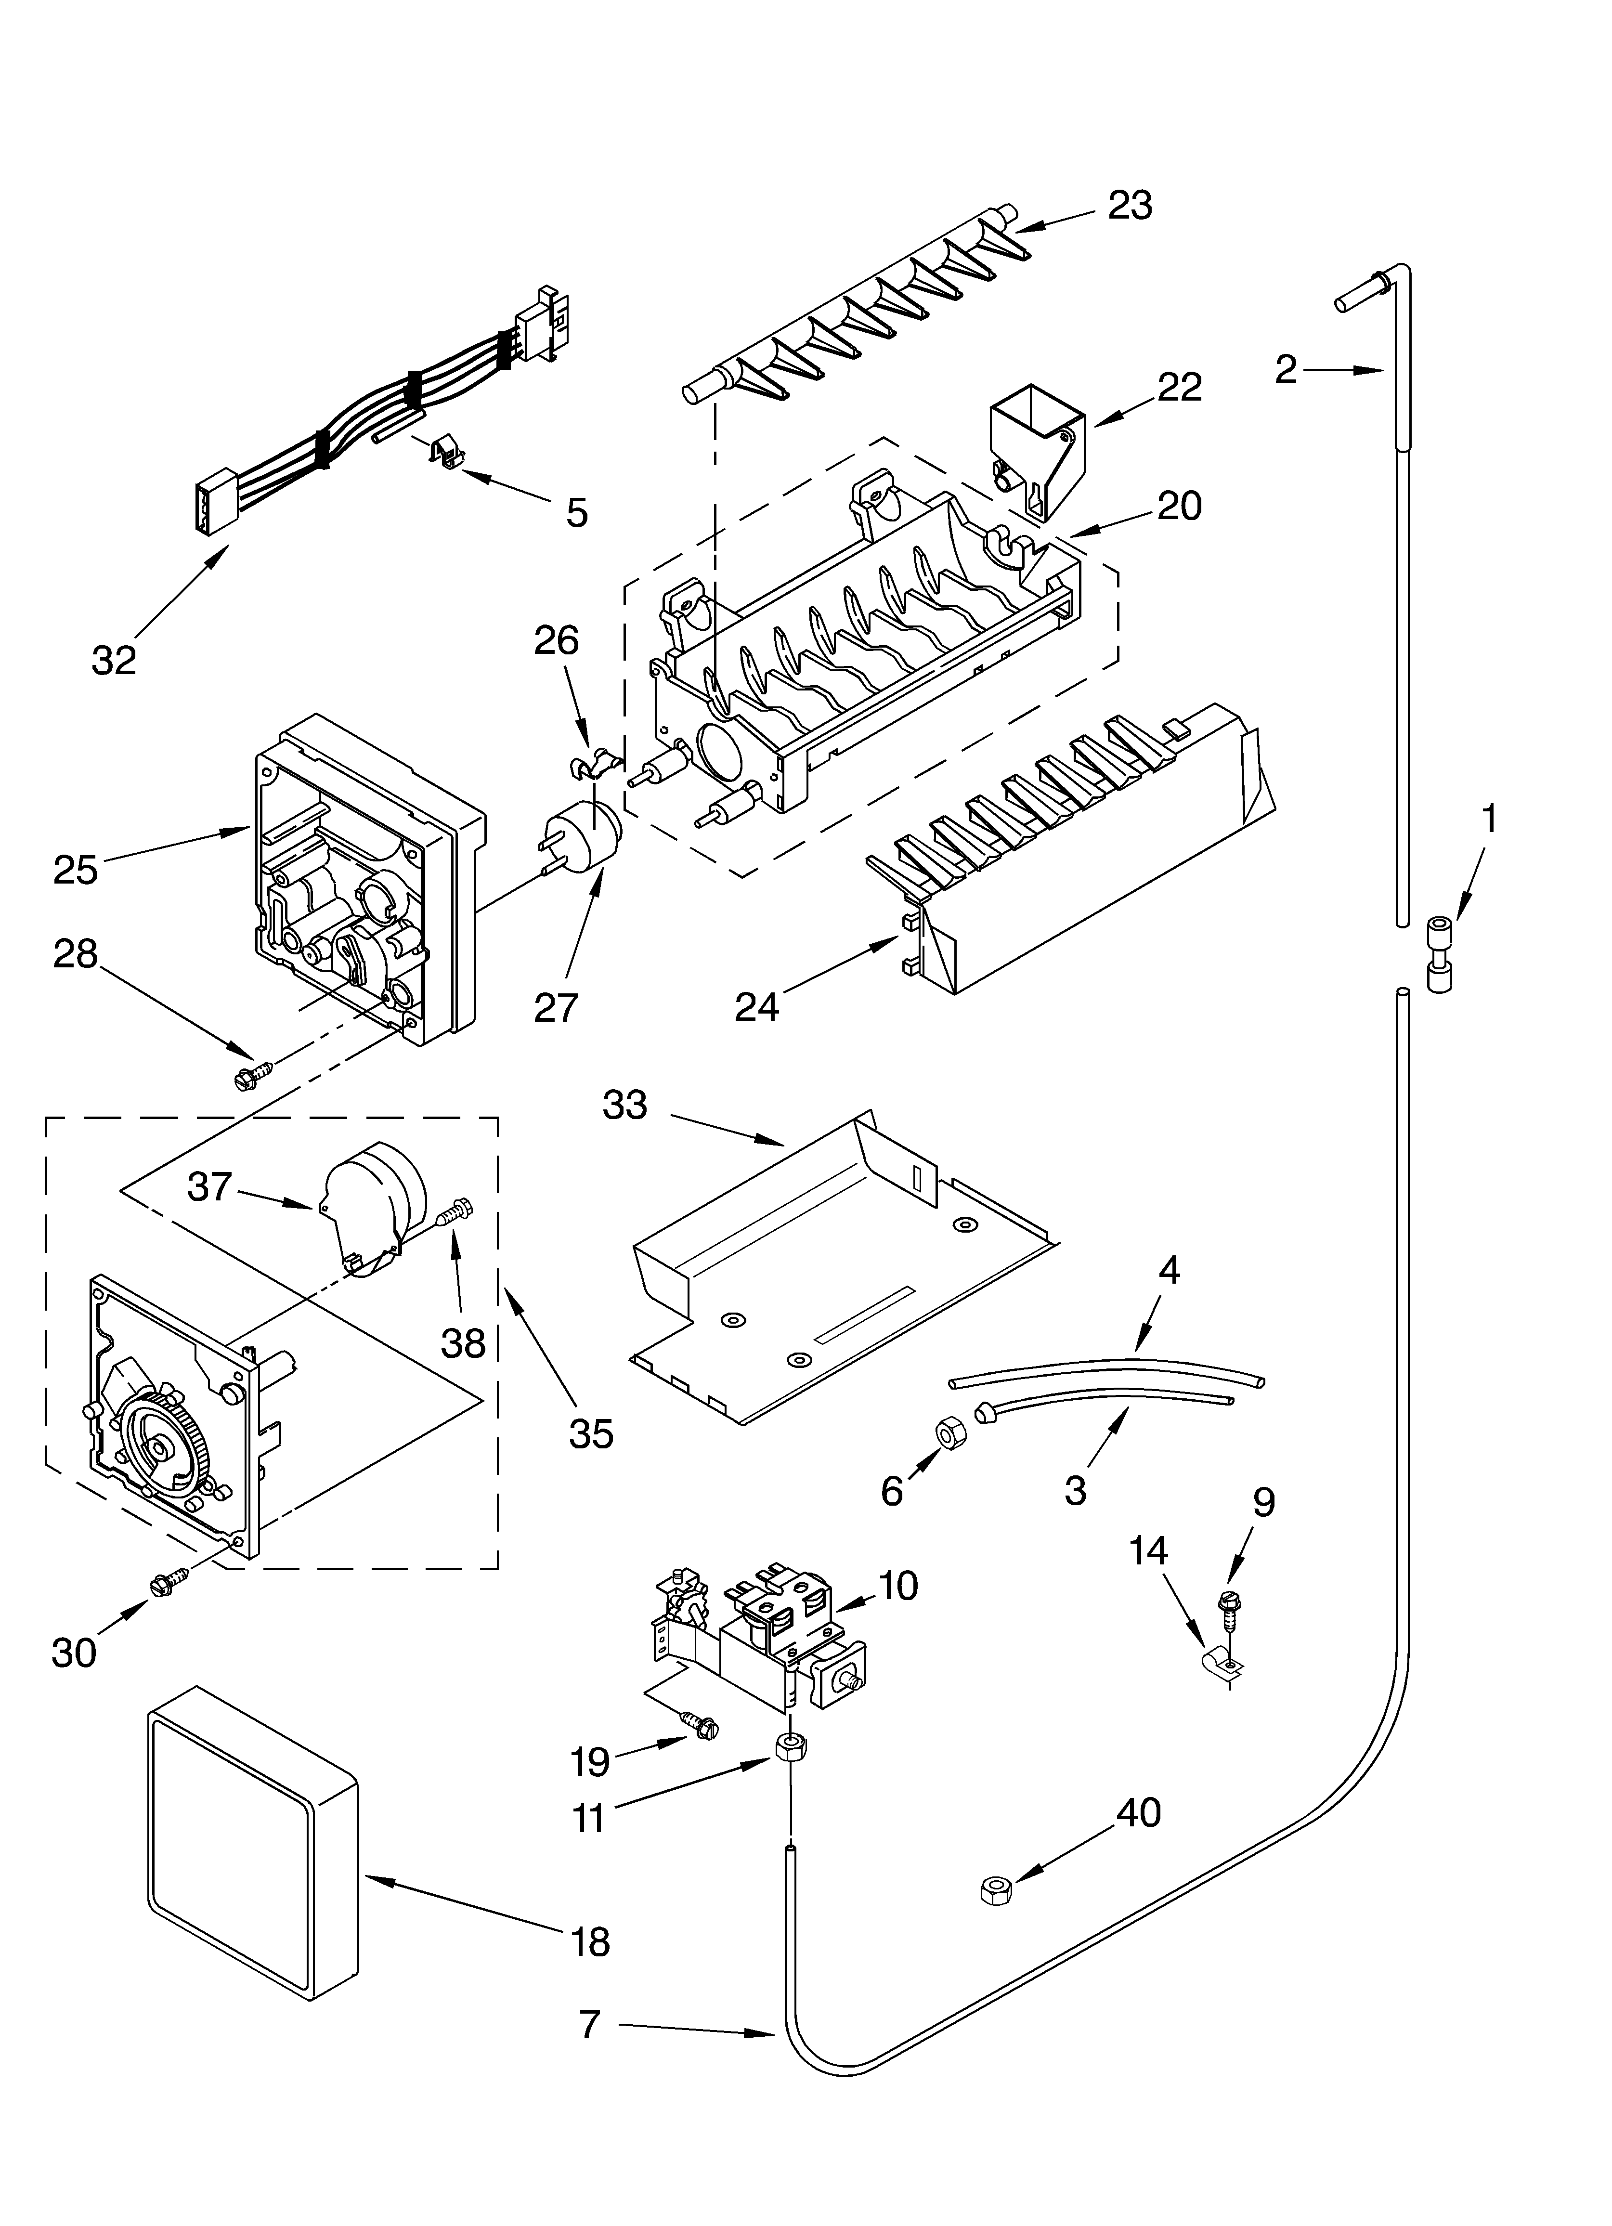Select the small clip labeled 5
[x=444, y=453]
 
